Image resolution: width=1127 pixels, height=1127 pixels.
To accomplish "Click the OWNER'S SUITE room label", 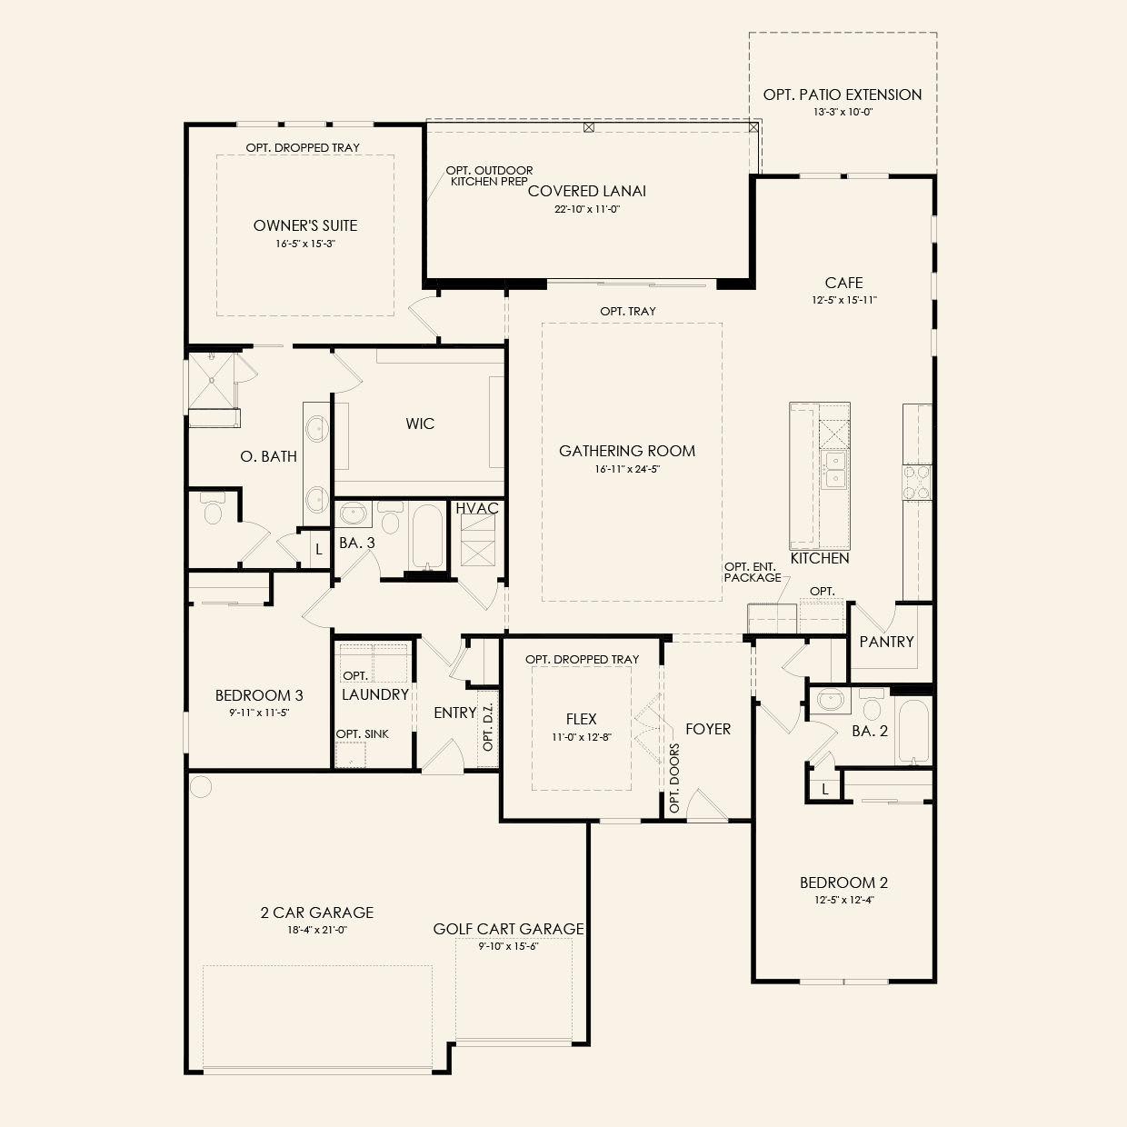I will tap(305, 225).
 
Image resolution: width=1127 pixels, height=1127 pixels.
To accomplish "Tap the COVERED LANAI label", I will tap(587, 191).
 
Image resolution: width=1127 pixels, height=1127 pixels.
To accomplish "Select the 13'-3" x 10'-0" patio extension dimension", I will tap(843, 113).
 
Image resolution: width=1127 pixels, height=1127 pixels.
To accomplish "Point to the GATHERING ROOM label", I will tap(627, 451).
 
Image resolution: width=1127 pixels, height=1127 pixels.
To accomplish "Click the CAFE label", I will tap(843, 283).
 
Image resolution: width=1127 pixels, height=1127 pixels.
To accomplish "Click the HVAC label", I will tap(477, 508).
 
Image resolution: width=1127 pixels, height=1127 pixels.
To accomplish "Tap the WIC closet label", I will tap(420, 424).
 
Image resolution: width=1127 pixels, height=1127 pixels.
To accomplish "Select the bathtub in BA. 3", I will tap(426, 536).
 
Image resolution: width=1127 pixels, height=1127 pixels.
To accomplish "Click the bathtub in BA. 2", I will tap(913, 733).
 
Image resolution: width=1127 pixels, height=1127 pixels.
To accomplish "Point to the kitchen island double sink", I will tap(834, 471).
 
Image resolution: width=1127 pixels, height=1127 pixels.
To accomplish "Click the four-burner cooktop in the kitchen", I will tap(916, 482).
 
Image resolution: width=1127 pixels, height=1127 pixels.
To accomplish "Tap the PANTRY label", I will tap(886, 642).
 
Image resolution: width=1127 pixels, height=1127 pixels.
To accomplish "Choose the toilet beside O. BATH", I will tap(213, 510).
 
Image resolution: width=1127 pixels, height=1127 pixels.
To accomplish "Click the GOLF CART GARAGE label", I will tap(508, 929).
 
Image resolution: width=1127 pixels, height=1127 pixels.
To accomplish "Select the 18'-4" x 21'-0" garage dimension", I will tap(317, 930).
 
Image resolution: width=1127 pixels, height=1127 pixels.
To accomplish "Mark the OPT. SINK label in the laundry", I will tap(363, 733).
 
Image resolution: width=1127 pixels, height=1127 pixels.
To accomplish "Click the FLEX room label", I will tap(581, 719).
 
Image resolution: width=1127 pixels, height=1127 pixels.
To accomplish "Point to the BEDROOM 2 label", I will tap(843, 883).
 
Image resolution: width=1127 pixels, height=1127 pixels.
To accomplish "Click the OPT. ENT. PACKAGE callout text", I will tap(752, 572).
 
